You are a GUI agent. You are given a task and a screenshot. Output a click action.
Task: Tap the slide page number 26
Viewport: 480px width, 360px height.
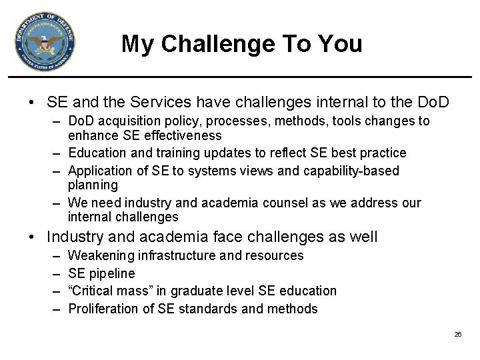pyautogui.click(x=457, y=334)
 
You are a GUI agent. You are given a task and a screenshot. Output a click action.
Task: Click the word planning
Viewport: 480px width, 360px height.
pyautogui.click(x=93, y=185)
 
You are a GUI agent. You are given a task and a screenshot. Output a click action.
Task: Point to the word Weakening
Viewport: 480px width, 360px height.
pyautogui.click(x=101, y=255)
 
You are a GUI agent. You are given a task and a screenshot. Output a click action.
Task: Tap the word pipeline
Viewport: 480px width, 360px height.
pyautogui.click(x=112, y=273)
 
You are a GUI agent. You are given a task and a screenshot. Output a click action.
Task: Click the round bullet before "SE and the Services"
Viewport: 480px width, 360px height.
pyautogui.click(x=31, y=103)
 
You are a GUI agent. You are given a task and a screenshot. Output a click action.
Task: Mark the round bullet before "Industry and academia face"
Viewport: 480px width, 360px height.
pyautogui.click(x=31, y=237)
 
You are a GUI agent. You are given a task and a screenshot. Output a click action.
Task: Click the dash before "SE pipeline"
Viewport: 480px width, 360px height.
pyautogui.click(x=54, y=273)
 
